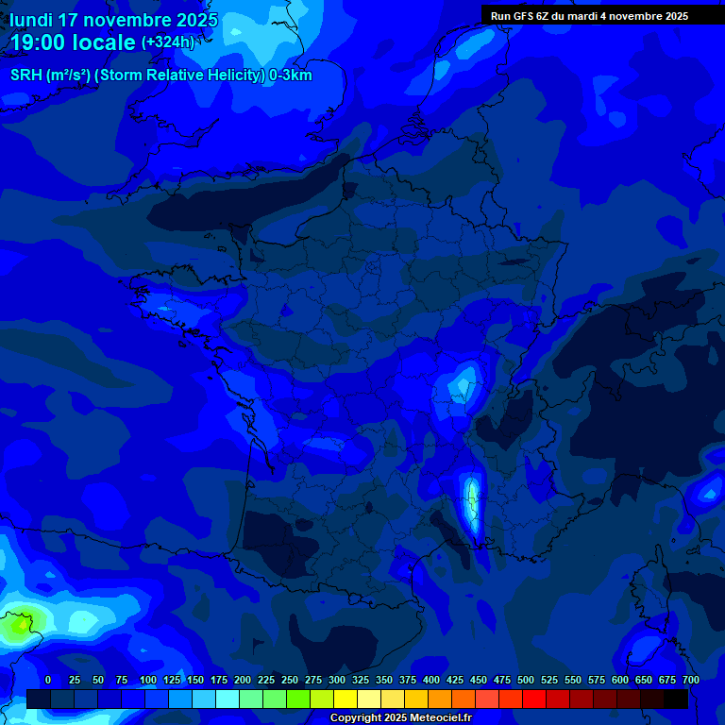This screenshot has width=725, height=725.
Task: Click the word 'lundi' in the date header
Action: [x=30, y=20]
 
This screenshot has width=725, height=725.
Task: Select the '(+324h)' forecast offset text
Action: [x=168, y=42]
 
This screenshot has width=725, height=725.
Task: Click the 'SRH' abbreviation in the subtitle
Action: [x=26, y=76]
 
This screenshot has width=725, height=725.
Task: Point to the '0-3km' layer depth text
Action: [x=290, y=76]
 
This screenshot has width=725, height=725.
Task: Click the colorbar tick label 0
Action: [x=48, y=681]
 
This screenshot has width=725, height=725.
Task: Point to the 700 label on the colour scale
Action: [x=690, y=681]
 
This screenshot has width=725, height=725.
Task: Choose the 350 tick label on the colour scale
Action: [x=384, y=681]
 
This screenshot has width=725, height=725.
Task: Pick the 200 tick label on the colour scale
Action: [x=243, y=681]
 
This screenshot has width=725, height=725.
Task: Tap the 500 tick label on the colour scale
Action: [x=526, y=681]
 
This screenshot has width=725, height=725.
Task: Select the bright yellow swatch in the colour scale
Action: [x=346, y=699]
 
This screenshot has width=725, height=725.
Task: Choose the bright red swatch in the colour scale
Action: [x=534, y=699]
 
